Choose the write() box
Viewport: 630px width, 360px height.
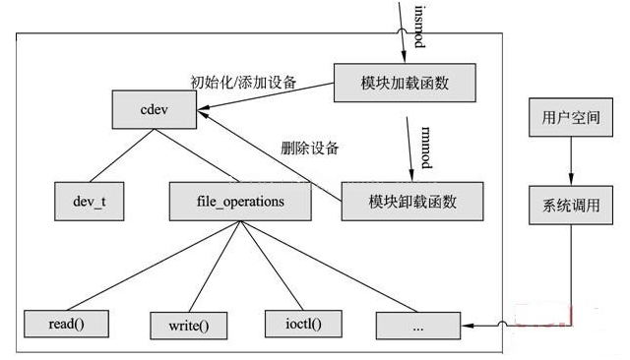click(187, 324)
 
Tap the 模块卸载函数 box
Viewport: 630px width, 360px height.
click(412, 201)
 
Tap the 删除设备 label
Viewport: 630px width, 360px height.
click(309, 149)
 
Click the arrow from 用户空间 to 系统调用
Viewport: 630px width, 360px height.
click(563, 160)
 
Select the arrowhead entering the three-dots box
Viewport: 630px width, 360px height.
click(468, 323)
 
